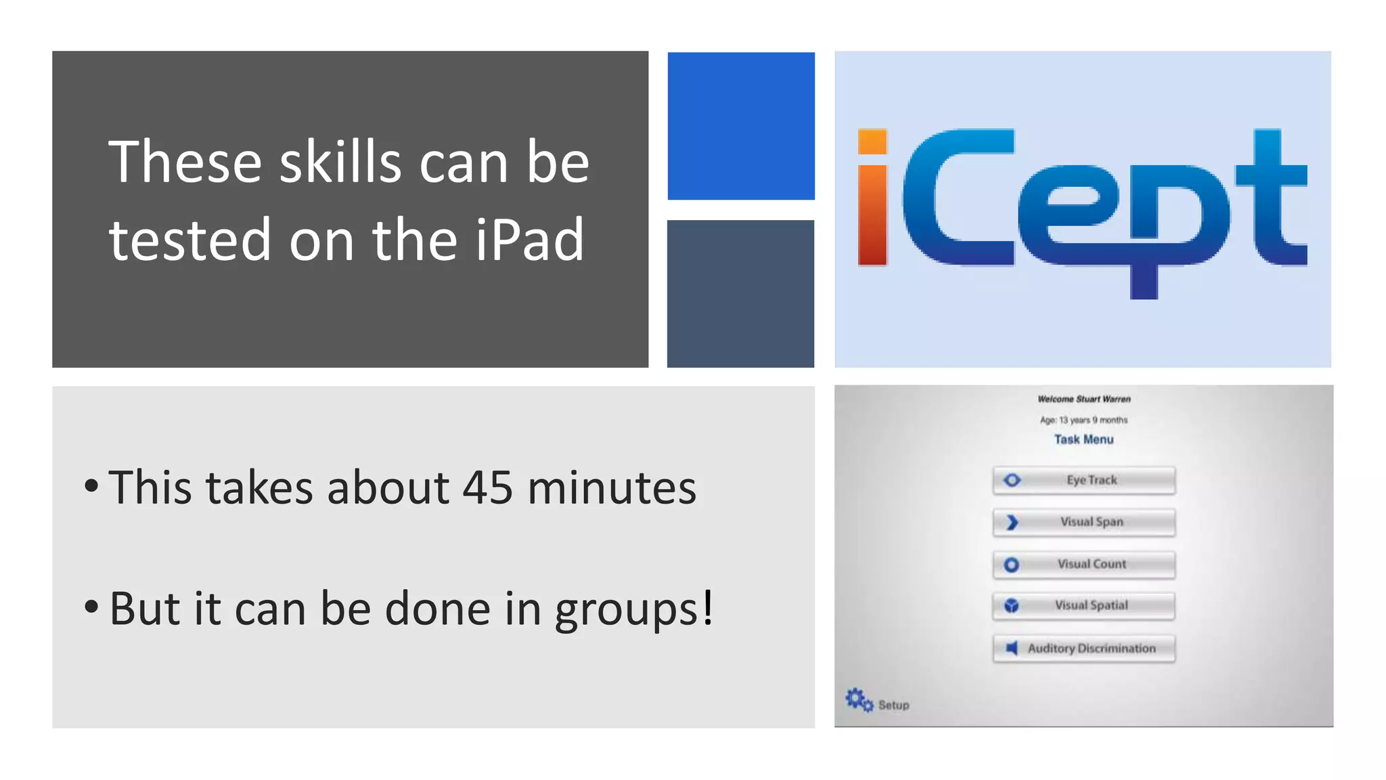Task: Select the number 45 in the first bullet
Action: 487,487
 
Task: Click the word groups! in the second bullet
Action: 634,609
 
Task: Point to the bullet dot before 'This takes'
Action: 91,485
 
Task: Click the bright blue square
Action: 741,126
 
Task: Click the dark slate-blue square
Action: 740,294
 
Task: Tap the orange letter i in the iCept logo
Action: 872,198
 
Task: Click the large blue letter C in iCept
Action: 947,198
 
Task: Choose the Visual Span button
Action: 1083,522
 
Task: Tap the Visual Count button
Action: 1083,564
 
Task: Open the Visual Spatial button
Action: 1083,606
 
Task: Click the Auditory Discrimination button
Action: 1083,649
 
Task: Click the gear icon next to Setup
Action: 858,699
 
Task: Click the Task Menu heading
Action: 1083,439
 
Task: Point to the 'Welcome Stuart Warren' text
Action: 1083,399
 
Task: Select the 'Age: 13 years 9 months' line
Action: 1083,420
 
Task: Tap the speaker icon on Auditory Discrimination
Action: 1012,648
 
